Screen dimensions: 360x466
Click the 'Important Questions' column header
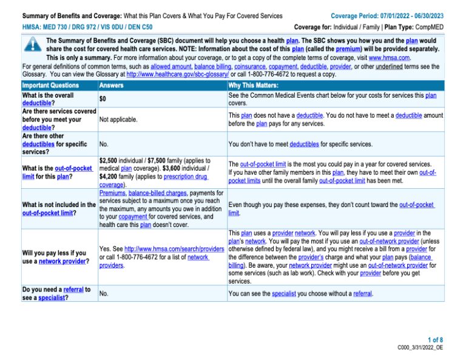coord(50,86)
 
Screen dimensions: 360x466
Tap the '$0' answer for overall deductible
coord(103,98)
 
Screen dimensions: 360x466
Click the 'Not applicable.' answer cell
coord(118,120)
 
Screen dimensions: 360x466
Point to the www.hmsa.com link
coord(389,58)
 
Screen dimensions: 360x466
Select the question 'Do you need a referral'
coord(56,290)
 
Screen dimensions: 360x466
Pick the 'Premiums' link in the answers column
coord(112,192)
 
